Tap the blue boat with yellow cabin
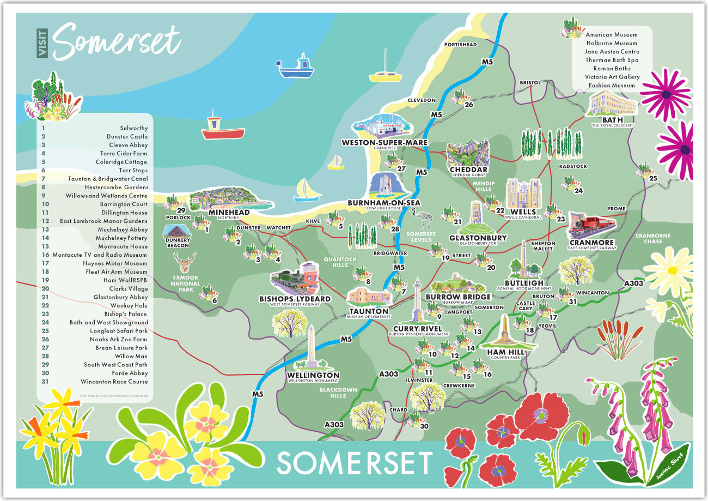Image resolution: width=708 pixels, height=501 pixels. (x=295, y=67)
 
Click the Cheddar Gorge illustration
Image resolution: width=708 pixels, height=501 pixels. (x=467, y=153)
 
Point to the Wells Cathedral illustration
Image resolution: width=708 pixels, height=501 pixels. (x=523, y=193)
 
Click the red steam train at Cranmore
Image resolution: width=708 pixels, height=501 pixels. (x=591, y=225)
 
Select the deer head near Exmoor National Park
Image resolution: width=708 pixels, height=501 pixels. (x=185, y=263)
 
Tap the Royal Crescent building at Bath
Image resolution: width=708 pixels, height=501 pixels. (x=612, y=103)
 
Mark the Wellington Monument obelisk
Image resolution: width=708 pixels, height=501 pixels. (x=311, y=348)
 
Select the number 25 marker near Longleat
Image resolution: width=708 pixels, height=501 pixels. (x=653, y=178)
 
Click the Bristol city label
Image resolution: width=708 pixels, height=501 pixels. (x=530, y=82)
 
